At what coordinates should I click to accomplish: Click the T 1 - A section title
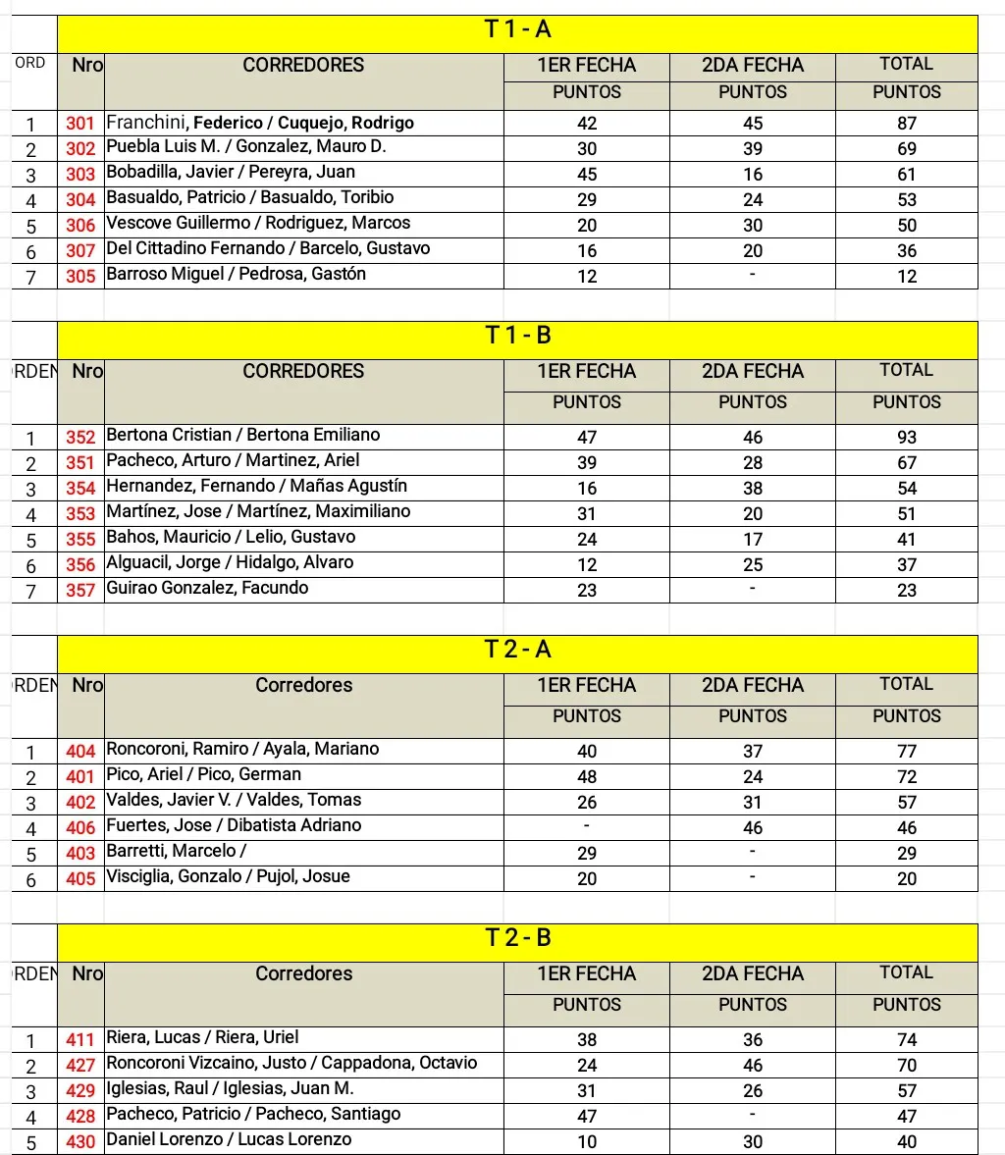tap(517, 29)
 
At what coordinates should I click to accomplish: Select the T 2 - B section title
tap(517, 938)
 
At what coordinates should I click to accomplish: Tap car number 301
tap(80, 124)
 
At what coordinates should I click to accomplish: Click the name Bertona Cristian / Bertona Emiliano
tap(242, 435)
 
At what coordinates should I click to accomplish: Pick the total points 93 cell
tap(906, 437)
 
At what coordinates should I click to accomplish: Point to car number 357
tap(80, 590)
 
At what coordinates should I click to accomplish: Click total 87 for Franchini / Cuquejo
tap(906, 124)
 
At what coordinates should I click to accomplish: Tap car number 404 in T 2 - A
tap(80, 752)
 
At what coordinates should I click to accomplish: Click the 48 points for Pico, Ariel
tap(587, 777)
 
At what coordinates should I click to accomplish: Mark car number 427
tap(80, 1065)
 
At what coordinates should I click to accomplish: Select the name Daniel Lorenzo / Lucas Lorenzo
tap(229, 1139)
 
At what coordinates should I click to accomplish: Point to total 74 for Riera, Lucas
tap(906, 1039)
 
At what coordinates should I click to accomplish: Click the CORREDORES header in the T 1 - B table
tap(303, 371)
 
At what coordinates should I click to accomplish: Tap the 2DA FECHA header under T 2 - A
tap(753, 685)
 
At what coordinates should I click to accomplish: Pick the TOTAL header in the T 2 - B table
tap(906, 972)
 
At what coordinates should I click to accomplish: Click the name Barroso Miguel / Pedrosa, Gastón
tap(236, 274)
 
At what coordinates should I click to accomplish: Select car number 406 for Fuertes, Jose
tap(80, 827)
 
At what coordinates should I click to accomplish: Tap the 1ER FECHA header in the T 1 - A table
tap(587, 65)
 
